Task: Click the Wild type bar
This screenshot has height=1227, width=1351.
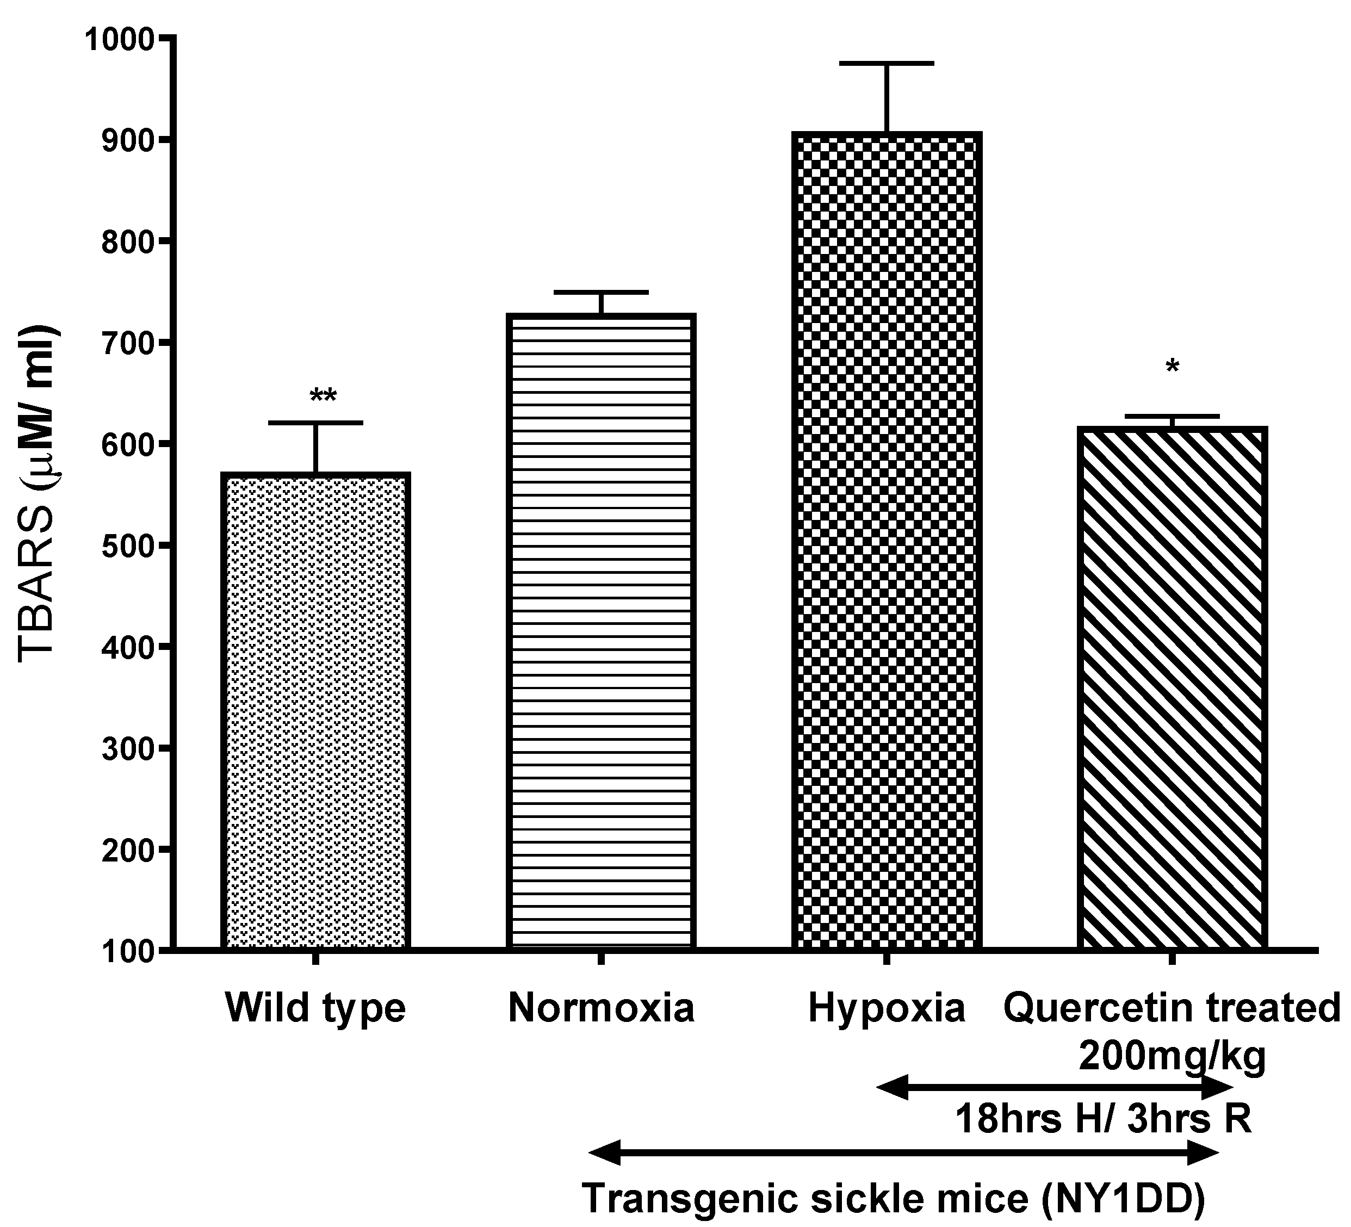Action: (x=315, y=710)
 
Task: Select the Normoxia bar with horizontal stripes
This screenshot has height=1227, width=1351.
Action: (x=601, y=630)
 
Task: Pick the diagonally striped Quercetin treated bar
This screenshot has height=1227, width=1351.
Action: (x=1172, y=687)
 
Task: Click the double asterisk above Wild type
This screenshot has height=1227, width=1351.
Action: (x=323, y=396)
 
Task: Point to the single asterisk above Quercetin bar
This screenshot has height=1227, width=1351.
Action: (x=1172, y=367)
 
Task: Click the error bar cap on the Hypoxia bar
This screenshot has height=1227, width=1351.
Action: (x=887, y=63)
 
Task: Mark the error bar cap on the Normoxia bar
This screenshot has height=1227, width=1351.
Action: (x=601, y=292)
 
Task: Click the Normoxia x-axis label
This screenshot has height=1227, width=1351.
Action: (x=601, y=1008)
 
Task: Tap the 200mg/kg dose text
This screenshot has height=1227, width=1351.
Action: (x=1172, y=1057)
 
